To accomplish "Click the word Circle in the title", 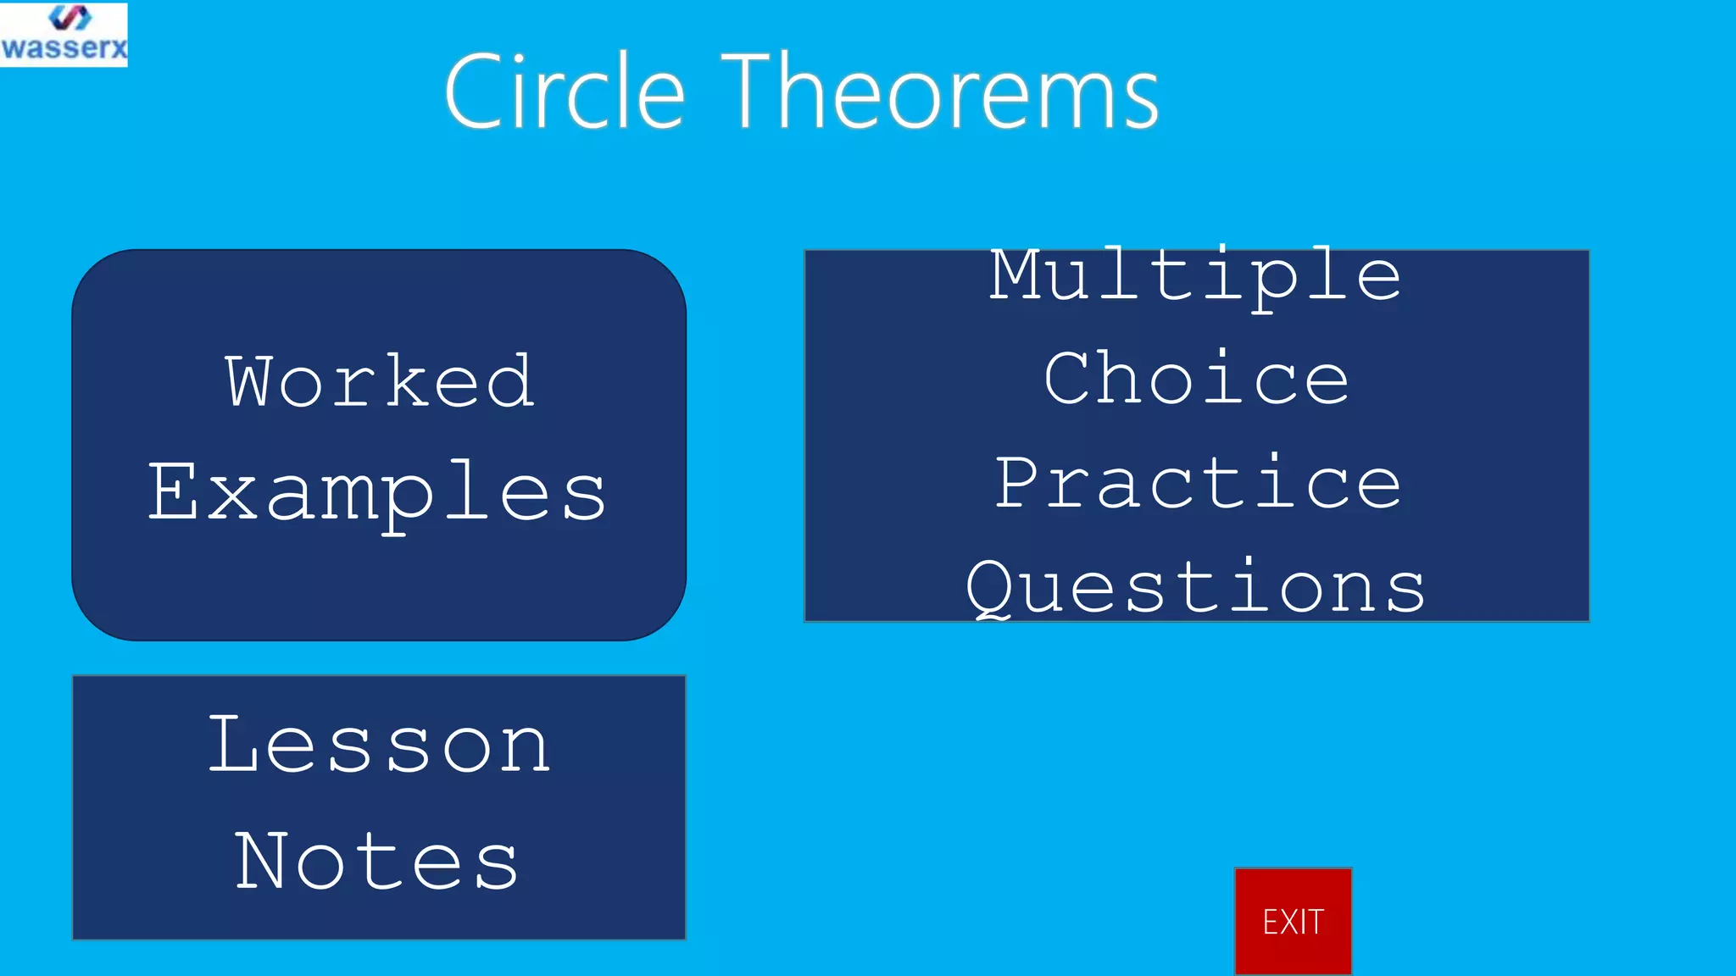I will click(x=564, y=91).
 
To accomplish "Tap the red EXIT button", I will click(x=1292, y=921).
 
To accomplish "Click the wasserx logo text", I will click(x=64, y=47).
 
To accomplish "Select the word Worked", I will click(x=379, y=381).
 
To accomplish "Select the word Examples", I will click(x=377, y=493).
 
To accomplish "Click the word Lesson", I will click(x=380, y=746).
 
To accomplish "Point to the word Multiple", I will click(x=1195, y=275).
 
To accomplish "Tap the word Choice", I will click(x=1195, y=379).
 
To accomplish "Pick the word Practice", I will click(x=1197, y=483).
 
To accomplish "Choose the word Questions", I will click(x=1195, y=587).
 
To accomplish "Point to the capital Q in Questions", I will click(x=990, y=587).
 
